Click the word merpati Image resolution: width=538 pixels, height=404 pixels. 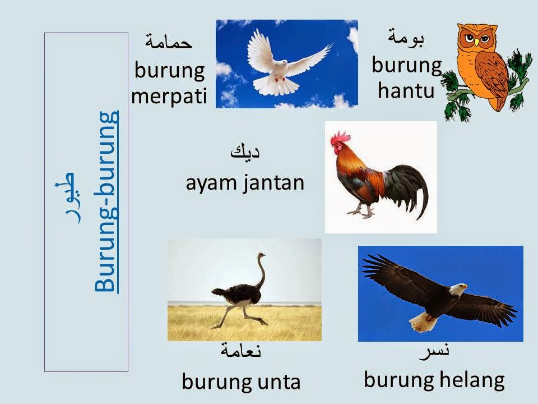[x=169, y=97]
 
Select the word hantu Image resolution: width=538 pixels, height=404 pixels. [x=406, y=90]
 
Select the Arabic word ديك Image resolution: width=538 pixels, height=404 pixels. [x=245, y=152]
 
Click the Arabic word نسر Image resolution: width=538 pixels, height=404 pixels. [x=435, y=350]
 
